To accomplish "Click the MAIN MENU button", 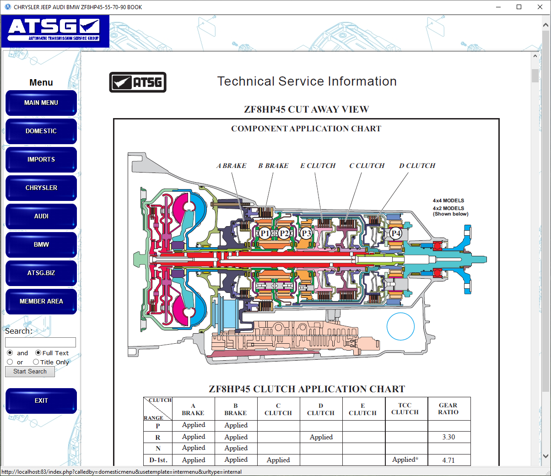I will point(41,103).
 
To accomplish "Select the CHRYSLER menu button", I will point(41,188).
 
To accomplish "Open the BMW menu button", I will point(41,245).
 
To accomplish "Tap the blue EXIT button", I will point(41,401).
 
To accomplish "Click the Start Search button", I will point(30,372).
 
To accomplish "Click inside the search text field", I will point(40,342).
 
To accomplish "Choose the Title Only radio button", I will point(36,362).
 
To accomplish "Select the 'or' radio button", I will point(10,362).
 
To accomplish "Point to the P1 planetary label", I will point(265,233).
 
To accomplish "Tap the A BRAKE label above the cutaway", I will point(231,166).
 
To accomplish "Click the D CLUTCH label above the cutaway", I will point(417,166).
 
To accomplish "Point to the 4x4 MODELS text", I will point(448,200).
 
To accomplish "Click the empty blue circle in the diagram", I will point(400,326).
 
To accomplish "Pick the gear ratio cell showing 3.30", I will point(448,437).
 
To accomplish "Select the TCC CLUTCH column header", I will point(405,409).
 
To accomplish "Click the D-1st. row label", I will point(158,460).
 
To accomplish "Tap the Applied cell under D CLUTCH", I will point(321,437).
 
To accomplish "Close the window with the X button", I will point(540,7).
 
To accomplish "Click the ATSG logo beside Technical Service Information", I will point(138,82).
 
